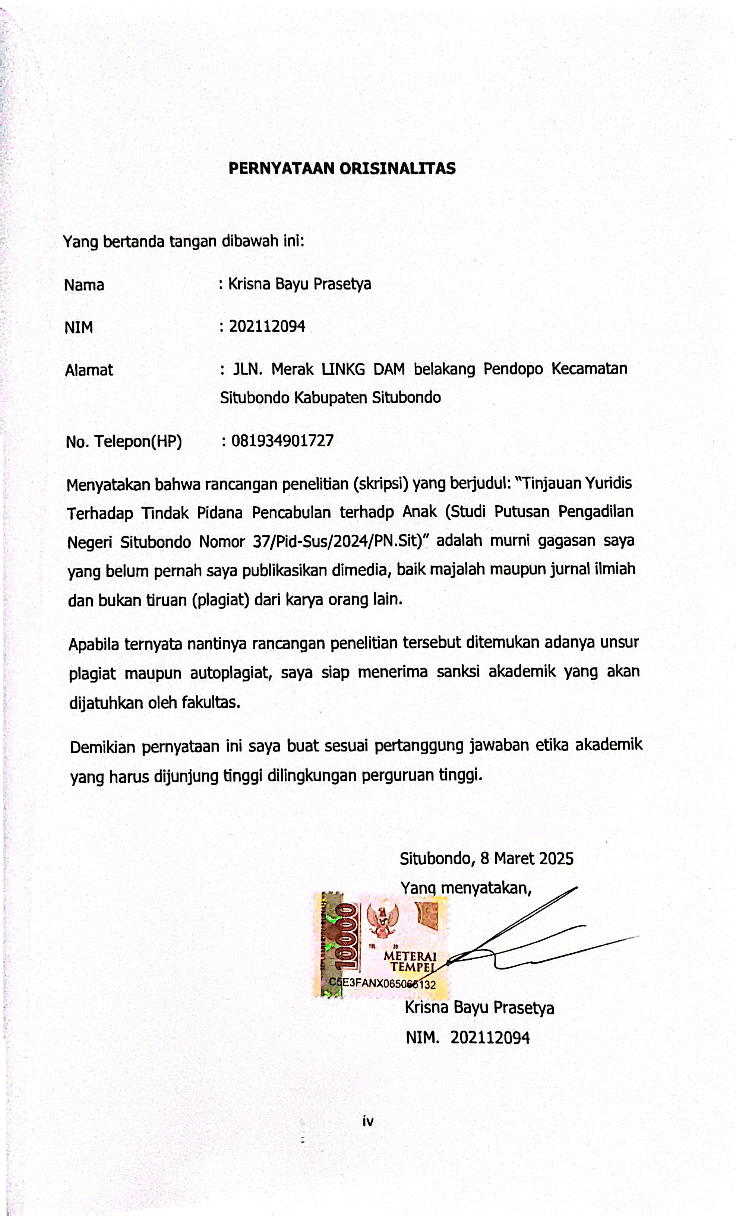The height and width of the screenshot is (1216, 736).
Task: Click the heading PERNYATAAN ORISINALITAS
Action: pos(342,169)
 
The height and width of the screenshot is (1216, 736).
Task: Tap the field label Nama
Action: pos(84,285)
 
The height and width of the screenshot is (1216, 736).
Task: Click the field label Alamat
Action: pos(89,370)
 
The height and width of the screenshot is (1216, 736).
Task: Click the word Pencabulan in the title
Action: pos(291,513)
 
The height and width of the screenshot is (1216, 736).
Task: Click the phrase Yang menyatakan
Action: pos(465,888)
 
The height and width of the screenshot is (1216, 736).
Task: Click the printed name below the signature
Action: pos(479,1008)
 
